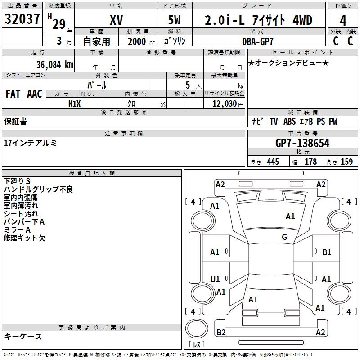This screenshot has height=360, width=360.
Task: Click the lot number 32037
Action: [x=22, y=19]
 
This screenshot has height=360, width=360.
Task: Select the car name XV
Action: [x=117, y=20]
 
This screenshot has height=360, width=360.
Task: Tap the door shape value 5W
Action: [x=174, y=20]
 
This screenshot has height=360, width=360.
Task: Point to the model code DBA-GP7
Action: [x=258, y=41]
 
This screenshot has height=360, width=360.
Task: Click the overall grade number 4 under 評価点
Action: [x=343, y=21]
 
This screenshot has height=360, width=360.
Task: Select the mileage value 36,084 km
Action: [x=55, y=65]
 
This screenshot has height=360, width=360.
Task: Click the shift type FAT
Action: [x=13, y=94]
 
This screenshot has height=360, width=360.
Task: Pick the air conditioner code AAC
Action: [x=35, y=94]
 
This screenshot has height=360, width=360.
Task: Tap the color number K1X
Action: [x=75, y=104]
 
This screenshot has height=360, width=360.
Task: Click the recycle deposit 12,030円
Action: [x=228, y=104]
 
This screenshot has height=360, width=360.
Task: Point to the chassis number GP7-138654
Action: [x=302, y=143]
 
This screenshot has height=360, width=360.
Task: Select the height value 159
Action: [x=346, y=162]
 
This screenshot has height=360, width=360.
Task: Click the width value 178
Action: [x=310, y=162]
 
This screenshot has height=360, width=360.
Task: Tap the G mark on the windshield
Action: [x=284, y=237]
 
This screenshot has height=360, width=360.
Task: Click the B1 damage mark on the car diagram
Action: [x=327, y=252]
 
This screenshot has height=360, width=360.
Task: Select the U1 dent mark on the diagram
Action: [x=215, y=279]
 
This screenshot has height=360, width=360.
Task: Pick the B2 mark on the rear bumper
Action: [x=221, y=332]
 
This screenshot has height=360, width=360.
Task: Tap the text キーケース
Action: [x=23, y=337]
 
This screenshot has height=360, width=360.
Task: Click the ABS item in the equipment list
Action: [x=289, y=121]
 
